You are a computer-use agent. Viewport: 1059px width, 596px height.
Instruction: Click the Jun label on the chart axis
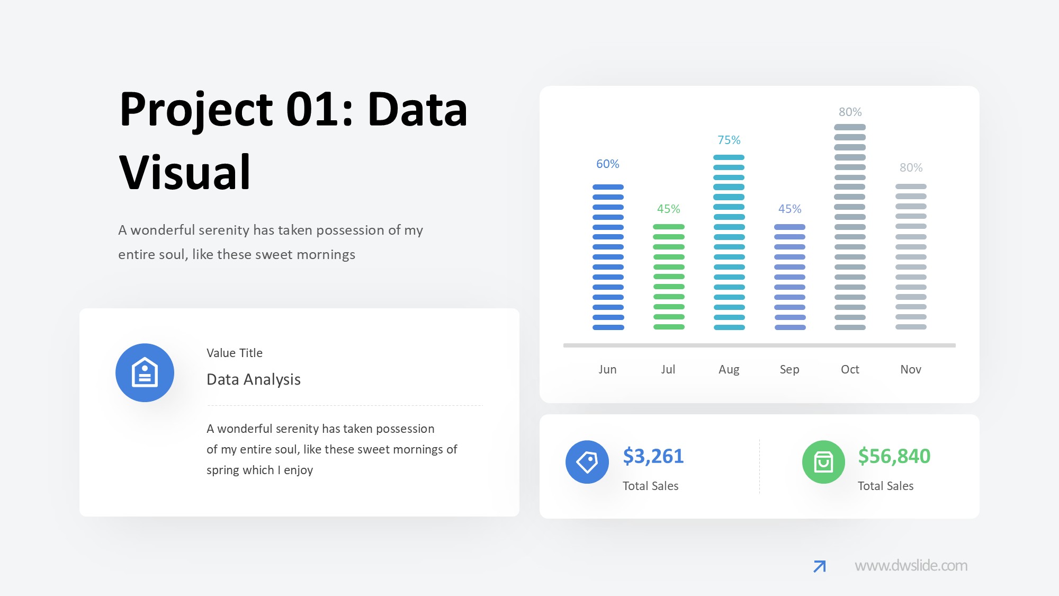(x=607, y=369)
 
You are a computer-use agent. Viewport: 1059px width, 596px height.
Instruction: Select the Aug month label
(x=729, y=370)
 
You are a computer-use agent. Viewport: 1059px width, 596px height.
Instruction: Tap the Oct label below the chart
(x=850, y=369)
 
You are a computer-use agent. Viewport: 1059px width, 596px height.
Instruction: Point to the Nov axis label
(x=911, y=369)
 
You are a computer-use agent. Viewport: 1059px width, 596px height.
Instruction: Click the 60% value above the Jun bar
(x=607, y=164)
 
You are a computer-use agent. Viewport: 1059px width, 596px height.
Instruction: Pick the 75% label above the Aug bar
(x=729, y=140)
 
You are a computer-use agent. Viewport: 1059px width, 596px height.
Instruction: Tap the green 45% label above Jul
(x=668, y=209)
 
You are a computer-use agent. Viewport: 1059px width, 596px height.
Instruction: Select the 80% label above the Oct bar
(x=850, y=112)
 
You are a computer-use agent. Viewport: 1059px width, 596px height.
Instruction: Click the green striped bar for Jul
(x=669, y=277)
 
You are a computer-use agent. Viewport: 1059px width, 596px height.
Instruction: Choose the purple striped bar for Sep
(x=790, y=277)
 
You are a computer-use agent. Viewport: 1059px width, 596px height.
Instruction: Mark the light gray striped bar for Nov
(x=911, y=257)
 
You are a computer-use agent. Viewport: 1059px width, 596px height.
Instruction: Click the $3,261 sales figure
(x=653, y=456)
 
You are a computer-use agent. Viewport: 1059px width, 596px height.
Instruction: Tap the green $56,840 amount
(x=894, y=456)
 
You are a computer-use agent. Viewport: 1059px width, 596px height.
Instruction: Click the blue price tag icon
(x=587, y=462)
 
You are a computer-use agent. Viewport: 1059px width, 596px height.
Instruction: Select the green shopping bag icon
(x=823, y=462)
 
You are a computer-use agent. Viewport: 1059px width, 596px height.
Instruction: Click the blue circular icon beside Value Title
(x=145, y=372)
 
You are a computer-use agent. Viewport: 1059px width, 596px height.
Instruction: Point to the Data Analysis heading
(x=254, y=379)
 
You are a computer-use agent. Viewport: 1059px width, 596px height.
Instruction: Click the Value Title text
(x=235, y=353)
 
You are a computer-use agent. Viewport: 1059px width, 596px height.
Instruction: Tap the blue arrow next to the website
(x=820, y=566)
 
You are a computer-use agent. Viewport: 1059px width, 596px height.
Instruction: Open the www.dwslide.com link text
(x=911, y=565)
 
